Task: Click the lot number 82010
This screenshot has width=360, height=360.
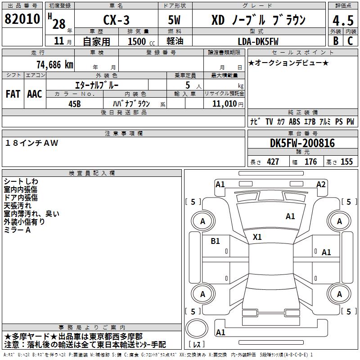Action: pos(22,19)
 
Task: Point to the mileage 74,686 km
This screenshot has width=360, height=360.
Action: pos(54,64)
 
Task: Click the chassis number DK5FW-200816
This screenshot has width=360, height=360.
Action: pos(302,143)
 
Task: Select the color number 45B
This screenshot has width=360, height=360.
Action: pos(74,103)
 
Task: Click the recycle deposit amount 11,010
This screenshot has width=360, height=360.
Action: pos(227,103)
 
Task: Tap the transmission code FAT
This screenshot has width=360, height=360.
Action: pos(13,94)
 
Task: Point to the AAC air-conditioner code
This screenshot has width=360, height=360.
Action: pos(35,94)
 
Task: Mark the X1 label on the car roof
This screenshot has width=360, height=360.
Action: pos(257,237)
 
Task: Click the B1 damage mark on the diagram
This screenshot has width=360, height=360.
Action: pos(215,241)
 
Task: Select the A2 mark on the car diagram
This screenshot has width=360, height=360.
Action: pos(321,184)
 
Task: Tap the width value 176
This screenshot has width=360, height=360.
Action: pos(310,162)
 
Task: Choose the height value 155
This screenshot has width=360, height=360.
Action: pos(346,162)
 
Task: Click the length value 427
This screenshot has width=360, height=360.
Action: pos(273,162)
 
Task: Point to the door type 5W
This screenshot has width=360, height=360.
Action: pos(175,20)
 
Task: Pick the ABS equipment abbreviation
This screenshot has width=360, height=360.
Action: pos(294,121)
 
